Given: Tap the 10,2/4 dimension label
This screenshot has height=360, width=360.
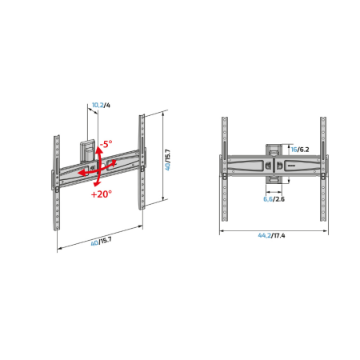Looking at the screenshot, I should (98, 105).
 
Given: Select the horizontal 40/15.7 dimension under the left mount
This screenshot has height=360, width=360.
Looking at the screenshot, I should (102, 242).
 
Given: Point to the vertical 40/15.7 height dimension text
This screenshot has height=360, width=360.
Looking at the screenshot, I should (168, 158).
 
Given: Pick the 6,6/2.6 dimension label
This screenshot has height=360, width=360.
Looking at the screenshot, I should (274, 200).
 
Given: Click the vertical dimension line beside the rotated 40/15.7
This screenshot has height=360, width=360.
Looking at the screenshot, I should (162, 158).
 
